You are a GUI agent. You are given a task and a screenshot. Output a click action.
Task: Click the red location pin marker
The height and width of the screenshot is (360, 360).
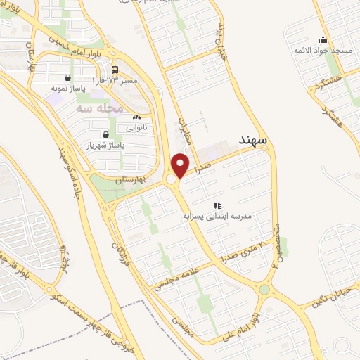click(181, 165)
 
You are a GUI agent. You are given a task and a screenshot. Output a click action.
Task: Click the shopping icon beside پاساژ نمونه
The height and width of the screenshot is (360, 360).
click(67, 78)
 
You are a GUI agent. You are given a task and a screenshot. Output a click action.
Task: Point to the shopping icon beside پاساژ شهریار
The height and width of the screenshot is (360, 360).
click(105, 134)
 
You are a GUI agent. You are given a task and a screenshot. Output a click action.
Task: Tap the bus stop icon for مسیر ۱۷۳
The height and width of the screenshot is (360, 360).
click(115, 70)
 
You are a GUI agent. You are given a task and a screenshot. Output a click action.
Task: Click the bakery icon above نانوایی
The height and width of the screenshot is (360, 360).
click(136, 117)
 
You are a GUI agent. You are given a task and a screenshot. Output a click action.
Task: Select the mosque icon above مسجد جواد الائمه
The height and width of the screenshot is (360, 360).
click(322, 39)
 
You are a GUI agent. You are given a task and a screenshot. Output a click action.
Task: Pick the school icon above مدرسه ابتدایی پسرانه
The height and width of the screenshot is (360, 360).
click(217, 205)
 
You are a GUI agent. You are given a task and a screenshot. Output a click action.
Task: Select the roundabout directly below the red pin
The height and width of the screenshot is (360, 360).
click(172, 180)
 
